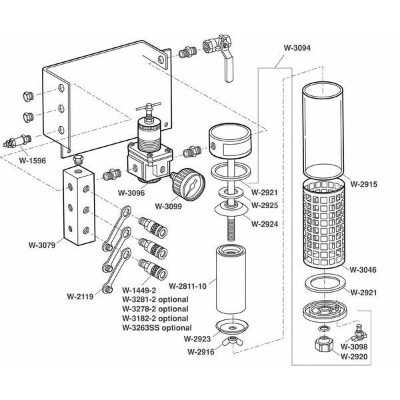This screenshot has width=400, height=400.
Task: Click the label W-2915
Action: click(364, 183)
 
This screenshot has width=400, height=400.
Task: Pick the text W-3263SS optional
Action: click(157, 327)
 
